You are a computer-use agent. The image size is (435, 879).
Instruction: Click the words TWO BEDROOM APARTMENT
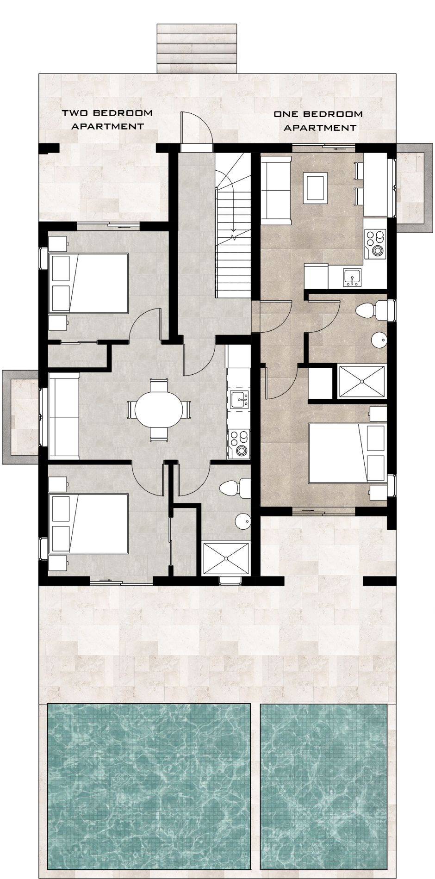pos(107,119)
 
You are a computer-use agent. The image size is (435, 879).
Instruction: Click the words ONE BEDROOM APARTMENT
pos(318,120)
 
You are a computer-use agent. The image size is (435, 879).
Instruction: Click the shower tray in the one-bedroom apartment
pos(362,382)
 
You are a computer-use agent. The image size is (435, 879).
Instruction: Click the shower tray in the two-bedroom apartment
pos(226,559)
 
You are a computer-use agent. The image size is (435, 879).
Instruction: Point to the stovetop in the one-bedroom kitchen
pos(375,244)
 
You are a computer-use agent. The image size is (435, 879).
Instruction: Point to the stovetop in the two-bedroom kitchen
pos(239,443)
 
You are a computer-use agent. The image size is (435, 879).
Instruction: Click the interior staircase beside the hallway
pos(233,227)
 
